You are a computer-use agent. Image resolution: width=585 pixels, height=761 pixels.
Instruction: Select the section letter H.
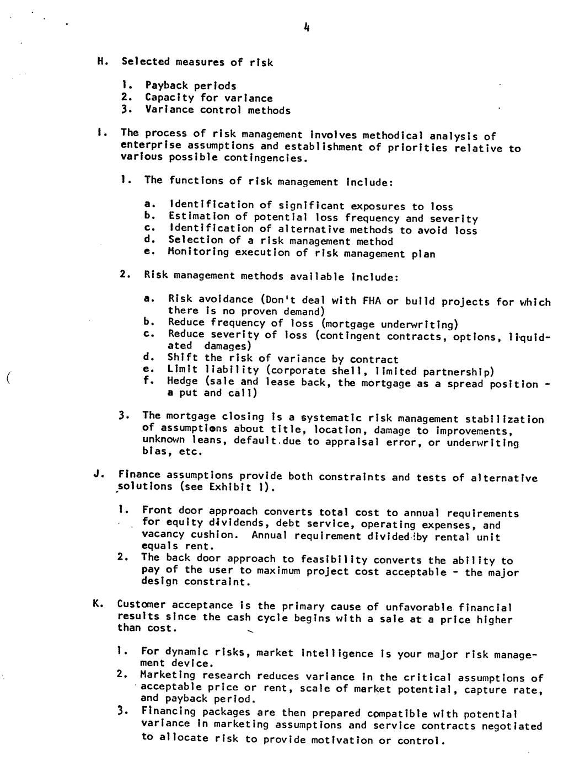tap(100, 61)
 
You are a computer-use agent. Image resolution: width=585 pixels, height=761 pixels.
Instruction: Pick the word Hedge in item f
tap(183, 381)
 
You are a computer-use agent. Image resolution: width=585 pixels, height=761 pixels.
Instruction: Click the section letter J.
tap(97, 474)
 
